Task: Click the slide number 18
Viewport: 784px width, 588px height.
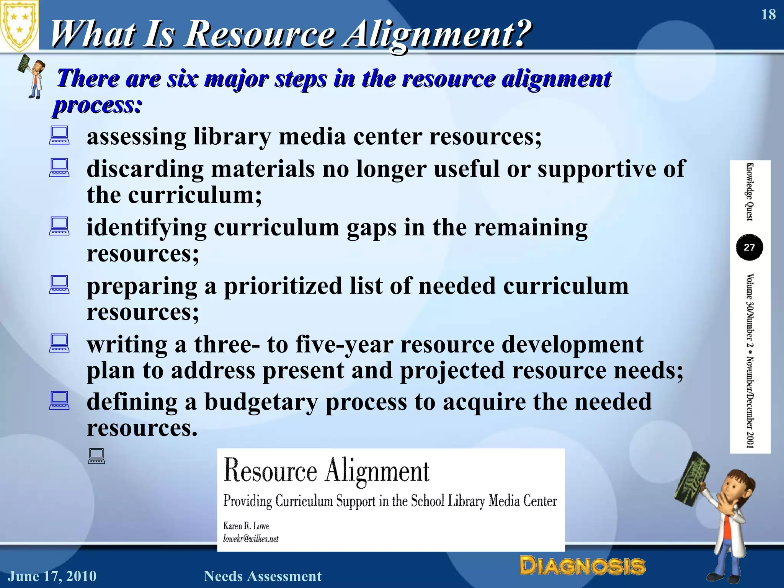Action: tap(768, 15)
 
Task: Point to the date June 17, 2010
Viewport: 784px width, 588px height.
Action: tap(52, 576)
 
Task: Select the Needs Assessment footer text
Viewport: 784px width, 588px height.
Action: tap(263, 576)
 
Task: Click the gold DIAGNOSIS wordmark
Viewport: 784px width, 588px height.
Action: tap(582, 566)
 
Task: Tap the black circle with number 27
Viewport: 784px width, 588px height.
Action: tap(749, 247)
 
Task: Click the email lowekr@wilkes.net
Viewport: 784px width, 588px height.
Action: tap(251, 539)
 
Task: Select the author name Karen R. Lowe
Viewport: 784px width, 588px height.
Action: tap(246, 526)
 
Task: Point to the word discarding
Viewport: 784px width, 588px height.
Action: tap(145, 169)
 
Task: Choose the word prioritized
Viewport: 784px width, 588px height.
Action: tap(283, 286)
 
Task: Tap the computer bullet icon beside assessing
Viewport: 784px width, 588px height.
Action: tap(59, 135)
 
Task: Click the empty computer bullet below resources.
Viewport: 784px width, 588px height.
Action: tap(96, 456)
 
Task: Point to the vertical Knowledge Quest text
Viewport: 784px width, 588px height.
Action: tap(750, 191)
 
